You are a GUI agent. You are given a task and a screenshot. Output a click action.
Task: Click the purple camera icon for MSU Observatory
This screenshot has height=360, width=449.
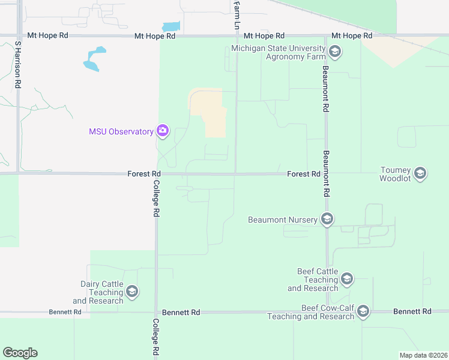click(163, 130)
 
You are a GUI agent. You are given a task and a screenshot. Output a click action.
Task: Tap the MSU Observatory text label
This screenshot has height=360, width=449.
click(121, 131)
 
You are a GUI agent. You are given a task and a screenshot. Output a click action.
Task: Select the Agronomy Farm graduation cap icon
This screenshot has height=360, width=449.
click(335, 52)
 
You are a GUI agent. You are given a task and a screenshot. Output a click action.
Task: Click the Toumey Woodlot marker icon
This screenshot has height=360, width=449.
click(420, 174)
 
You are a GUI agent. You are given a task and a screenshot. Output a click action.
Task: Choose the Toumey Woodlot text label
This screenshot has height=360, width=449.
click(395, 174)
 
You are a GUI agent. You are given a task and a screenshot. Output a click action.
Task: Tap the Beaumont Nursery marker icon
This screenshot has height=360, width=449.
click(327, 220)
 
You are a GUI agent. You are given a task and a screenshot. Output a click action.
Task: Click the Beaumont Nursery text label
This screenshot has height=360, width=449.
click(283, 220)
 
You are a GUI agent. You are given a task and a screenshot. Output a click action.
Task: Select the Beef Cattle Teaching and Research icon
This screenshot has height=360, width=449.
click(346, 279)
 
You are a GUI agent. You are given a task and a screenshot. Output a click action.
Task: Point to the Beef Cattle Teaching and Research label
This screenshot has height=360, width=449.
click(313, 280)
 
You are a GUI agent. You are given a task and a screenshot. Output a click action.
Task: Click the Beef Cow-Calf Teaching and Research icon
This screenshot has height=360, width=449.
click(363, 311)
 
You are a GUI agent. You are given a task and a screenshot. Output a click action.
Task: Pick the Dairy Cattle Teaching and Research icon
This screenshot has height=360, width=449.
click(132, 292)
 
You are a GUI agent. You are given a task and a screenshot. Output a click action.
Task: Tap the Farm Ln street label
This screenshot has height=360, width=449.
click(236, 16)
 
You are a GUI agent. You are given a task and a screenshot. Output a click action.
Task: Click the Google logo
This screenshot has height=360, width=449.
click(20, 353)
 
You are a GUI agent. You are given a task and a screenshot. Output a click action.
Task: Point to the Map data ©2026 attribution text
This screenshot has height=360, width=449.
click(423, 355)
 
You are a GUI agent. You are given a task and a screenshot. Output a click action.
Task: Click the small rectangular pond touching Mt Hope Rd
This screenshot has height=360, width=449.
click(170, 27)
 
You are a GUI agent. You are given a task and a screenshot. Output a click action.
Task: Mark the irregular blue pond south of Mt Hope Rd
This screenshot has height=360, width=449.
click(95, 59)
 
